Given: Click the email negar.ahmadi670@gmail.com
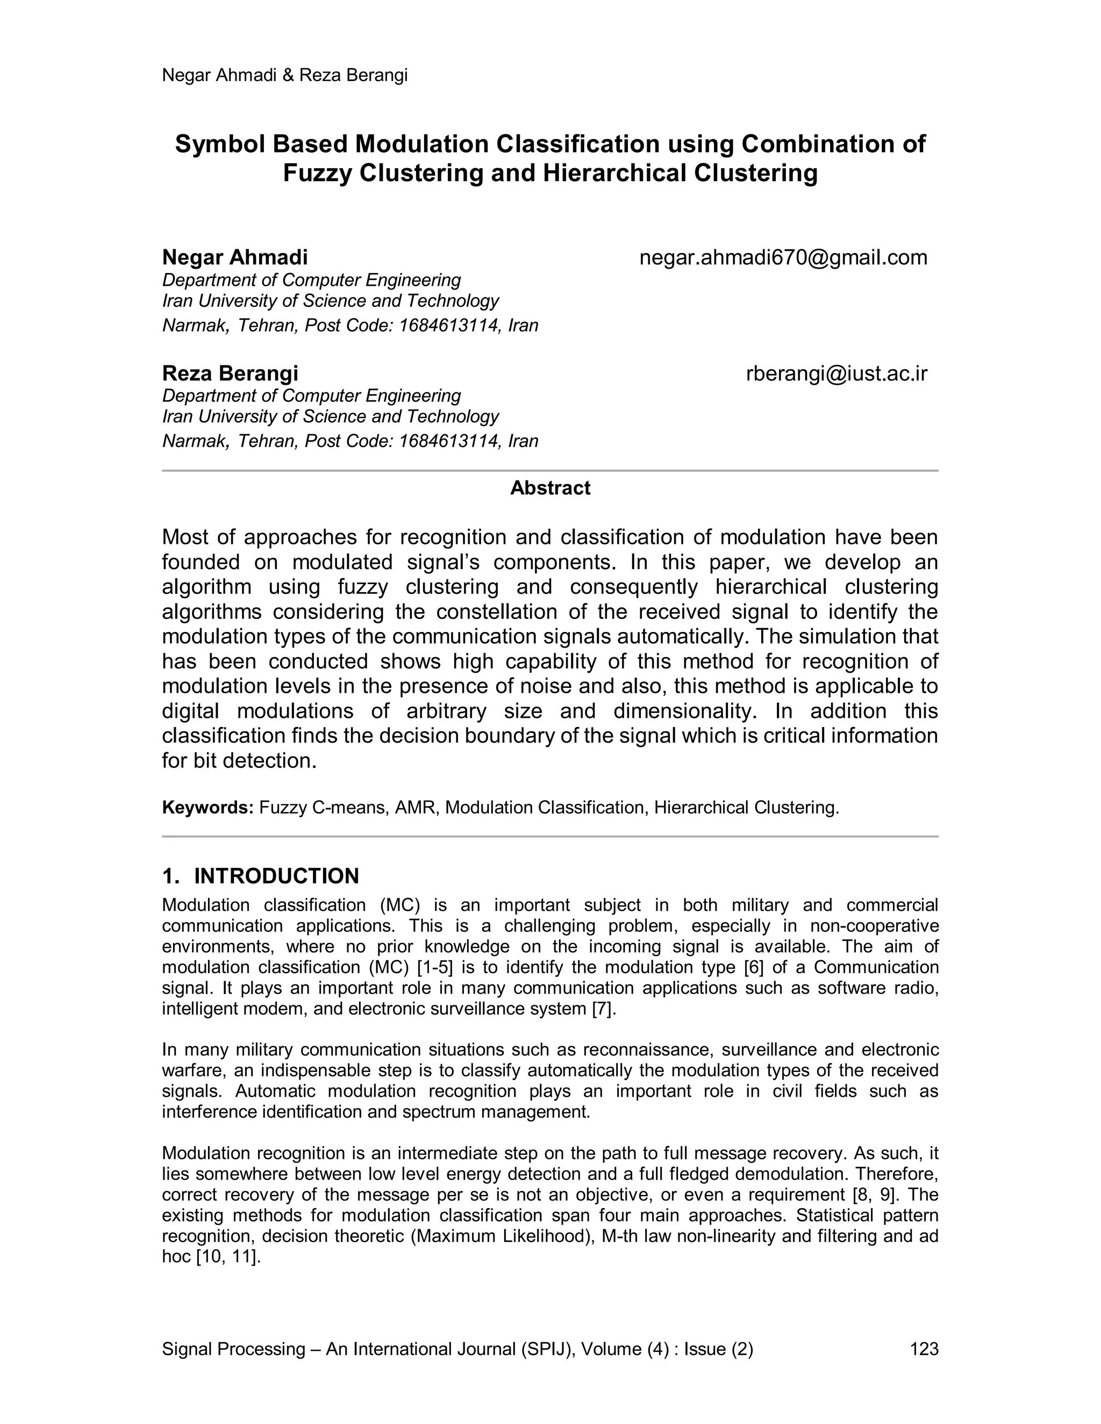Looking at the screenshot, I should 783,257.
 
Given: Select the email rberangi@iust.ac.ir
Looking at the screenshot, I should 836,373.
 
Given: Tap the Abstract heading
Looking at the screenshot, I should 550,488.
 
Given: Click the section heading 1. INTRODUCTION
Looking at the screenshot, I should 260,876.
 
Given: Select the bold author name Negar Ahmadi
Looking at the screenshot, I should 235,257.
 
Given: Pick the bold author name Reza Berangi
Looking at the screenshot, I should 230,373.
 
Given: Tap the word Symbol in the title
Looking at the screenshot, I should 218,144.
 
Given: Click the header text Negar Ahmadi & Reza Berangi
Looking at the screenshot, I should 284,76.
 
